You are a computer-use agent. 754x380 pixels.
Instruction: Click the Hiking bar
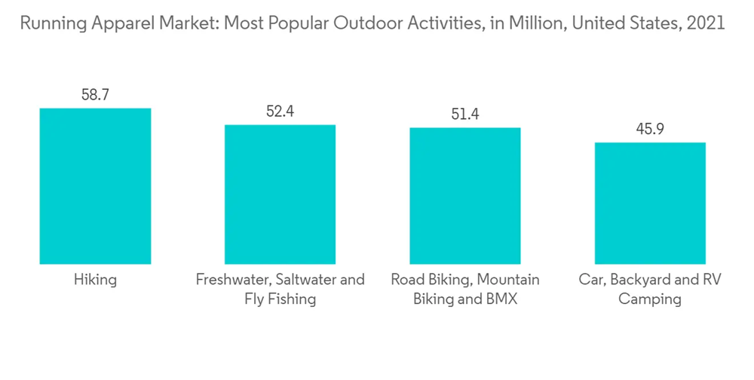point(95,185)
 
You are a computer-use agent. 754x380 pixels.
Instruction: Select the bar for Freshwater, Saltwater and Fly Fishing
point(280,194)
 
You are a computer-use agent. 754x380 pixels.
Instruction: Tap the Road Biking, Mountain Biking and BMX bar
point(464,195)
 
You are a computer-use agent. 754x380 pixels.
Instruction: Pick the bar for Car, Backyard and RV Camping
point(649,203)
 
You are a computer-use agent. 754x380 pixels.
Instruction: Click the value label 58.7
point(95,95)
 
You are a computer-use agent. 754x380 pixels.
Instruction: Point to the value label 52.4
point(280,112)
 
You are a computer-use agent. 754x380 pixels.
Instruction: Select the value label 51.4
point(464,115)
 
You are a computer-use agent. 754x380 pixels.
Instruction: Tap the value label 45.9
point(649,129)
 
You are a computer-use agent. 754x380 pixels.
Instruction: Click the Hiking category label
point(95,280)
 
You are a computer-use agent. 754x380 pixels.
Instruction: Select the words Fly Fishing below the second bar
point(280,299)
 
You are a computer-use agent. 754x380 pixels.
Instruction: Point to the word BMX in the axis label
point(501,299)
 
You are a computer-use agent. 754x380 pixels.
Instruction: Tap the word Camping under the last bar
point(649,299)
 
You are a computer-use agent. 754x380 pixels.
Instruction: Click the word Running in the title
point(48,23)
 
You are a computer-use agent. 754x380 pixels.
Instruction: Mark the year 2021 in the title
point(706,23)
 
